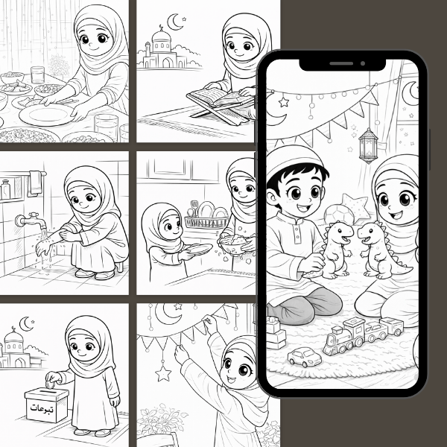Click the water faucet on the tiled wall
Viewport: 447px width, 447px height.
tap(31, 220)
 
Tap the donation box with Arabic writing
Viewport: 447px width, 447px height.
tap(46, 405)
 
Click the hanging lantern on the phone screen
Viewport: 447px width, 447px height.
tap(368, 146)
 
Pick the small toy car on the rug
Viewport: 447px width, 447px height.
tap(304, 357)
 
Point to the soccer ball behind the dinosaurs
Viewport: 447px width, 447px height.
tap(338, 215)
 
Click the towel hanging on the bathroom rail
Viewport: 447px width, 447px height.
tap(35, 183)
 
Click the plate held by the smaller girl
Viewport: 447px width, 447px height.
tap(199, 249)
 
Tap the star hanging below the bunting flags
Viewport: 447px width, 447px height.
tap(163, 373)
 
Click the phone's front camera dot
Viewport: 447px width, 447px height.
tap(363, 63)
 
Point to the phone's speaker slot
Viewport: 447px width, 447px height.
tap(341, 63)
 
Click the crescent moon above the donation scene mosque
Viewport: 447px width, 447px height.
tap(25, 324)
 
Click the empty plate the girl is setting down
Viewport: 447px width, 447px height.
tap(45, 115)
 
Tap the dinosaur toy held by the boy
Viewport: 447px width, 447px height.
tap(337, 250)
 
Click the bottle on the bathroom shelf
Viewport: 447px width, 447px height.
tap(5, 189)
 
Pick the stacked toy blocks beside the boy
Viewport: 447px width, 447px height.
tap(275, 332)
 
